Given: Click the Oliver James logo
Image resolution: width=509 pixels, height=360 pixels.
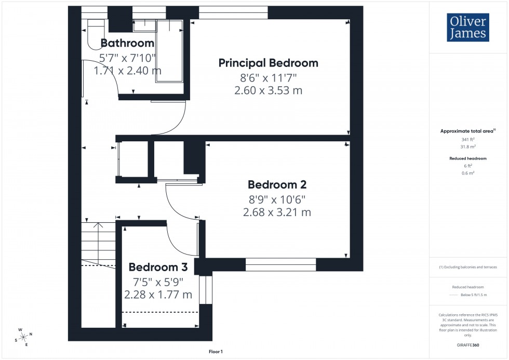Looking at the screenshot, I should coord(467,28).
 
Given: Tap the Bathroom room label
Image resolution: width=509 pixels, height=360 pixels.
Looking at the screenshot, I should coord(127,43).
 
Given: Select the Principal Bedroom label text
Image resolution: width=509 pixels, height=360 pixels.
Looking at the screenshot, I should coord(268,63).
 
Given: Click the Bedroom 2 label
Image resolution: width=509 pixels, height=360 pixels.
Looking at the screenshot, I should coord(277,184).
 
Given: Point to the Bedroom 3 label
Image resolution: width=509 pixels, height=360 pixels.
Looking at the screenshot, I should coord(158,268).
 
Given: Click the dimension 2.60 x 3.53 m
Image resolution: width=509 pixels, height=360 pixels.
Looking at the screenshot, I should coord(268,90).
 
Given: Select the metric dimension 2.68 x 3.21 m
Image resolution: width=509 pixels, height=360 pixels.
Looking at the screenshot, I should coord(277,212).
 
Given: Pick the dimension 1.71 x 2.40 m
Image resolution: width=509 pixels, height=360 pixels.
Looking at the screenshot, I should coord(127,70).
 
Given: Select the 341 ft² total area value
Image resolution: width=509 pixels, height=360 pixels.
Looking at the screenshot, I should coord(468,140).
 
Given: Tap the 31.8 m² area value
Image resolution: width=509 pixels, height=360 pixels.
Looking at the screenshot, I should coord(468,147).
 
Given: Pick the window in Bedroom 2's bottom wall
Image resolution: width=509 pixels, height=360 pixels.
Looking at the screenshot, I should coord(280,265).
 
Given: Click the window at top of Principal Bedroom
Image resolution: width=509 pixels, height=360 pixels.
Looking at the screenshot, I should coord(233,12).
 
